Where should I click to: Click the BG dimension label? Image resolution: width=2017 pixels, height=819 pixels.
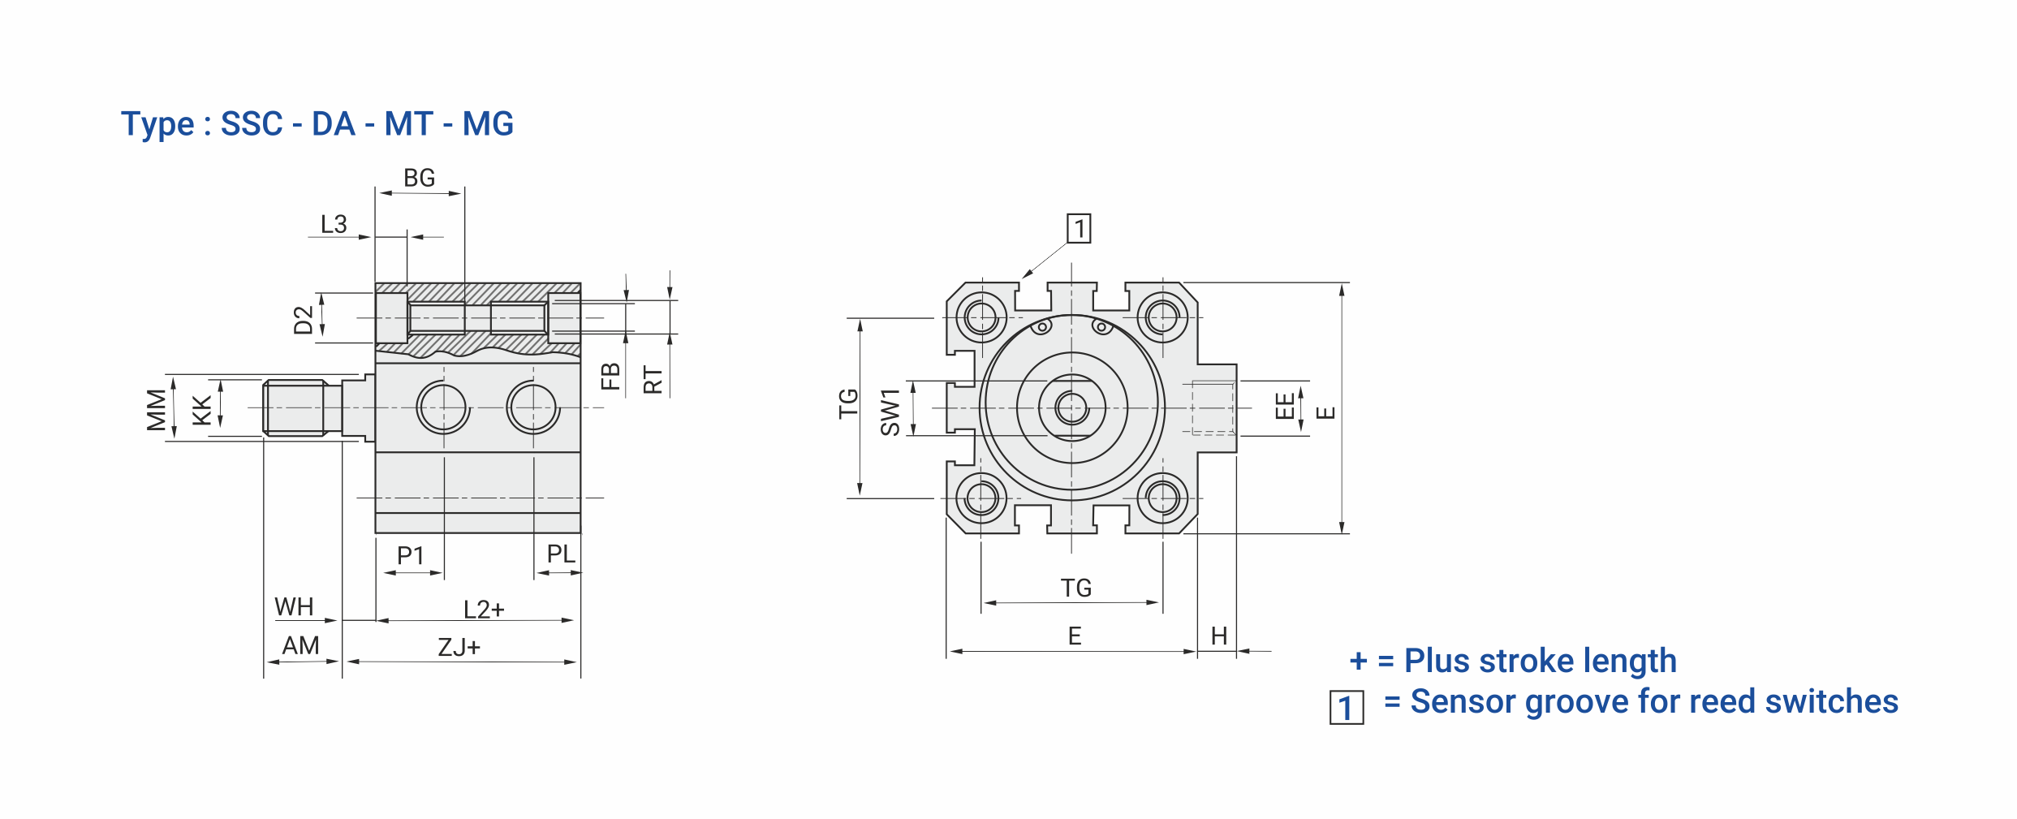click(x=419, y=178)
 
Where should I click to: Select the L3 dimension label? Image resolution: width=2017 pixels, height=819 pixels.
click(x=334, y=224)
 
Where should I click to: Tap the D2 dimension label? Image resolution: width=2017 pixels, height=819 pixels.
click(x=303, y=320)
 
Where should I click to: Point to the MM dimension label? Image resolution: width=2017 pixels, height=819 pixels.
click(x=156, y=409)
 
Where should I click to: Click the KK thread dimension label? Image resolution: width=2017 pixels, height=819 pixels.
click(x=201, y=410)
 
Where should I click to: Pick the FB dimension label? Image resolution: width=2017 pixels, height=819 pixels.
click(x=610, y=377)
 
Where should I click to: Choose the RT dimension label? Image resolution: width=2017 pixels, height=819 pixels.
click(x=653, y=379)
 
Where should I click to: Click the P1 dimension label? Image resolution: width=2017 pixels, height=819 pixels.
click(x=411, y=555)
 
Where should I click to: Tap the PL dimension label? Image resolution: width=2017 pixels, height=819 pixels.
click(x=561, y=554)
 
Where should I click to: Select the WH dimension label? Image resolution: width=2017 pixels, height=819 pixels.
click(x=294, y=606)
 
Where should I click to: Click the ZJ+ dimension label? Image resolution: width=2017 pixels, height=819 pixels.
click(x=459, y=647)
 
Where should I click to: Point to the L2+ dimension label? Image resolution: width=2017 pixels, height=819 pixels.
click(x=484, y=609)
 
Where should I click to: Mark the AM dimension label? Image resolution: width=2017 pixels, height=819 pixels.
click(x=300, y=645)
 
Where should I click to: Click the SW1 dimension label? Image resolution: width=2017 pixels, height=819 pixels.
click(x=890, y=412)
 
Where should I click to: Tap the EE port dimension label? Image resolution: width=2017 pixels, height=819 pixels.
click(x=1284, y=405)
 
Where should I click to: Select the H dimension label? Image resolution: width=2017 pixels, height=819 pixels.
click(x=1218, y=636)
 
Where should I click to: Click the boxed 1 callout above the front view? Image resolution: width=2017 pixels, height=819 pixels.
click(x=1079, y=229)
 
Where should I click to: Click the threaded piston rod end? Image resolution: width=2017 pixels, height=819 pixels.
click(x=294, y=408)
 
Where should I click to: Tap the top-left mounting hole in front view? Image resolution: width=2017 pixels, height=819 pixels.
click(x=981, y=317)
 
